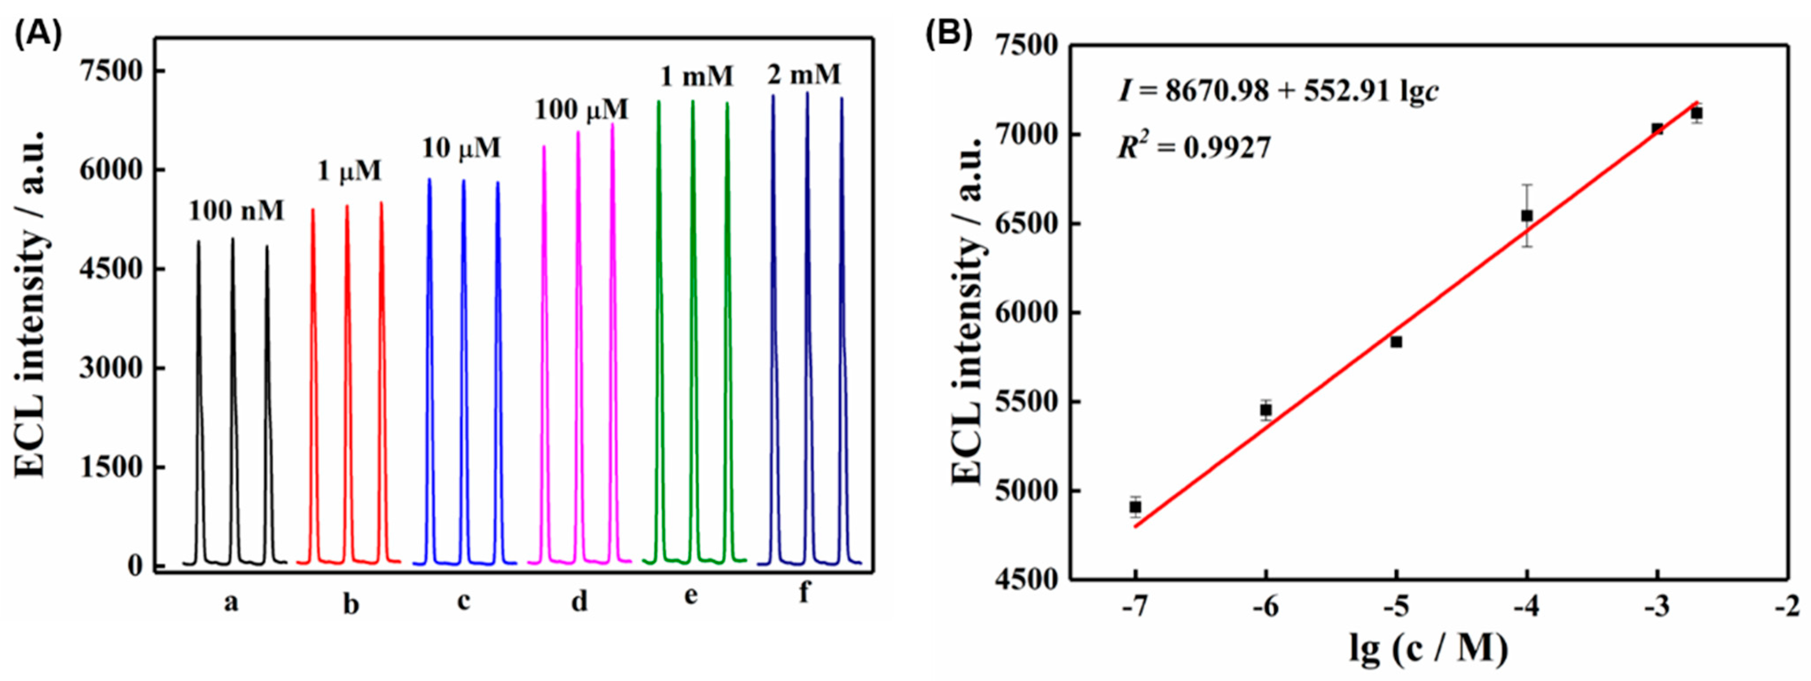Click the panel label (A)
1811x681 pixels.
(38, 34)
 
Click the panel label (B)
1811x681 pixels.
(948, 34)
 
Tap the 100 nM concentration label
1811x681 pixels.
(236, 210)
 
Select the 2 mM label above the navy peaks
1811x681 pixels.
(804, 74)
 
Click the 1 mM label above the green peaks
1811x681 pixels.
(696, 76)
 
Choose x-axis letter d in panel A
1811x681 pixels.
(579, 601)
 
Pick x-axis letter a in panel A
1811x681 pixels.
(231, 602)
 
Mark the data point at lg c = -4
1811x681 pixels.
(1527, 215)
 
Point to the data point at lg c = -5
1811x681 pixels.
(1396, 342)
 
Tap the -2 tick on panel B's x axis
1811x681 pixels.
(1786, 606)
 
